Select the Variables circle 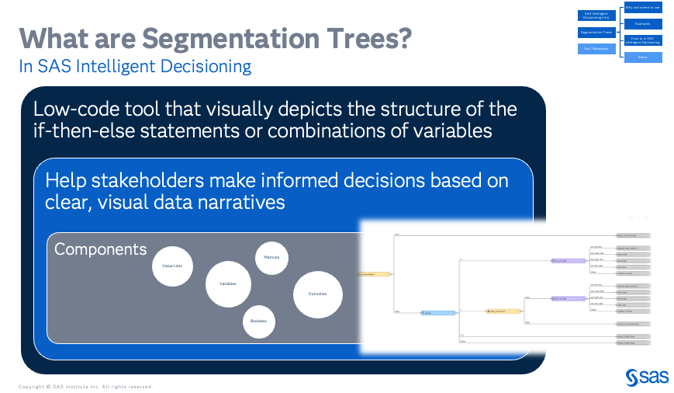coord(228,283)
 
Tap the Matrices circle coord(272,257)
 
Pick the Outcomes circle coord(317,294)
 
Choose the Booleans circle coord(259,321)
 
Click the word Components coord(100,249)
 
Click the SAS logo coord(641,377)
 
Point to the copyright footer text coord(85,386)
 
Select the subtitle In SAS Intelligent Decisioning coord(135,67)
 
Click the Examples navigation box coord(642,24)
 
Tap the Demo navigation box coord(642,57)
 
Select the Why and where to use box coord(642,8)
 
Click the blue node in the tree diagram coord(437,313)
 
